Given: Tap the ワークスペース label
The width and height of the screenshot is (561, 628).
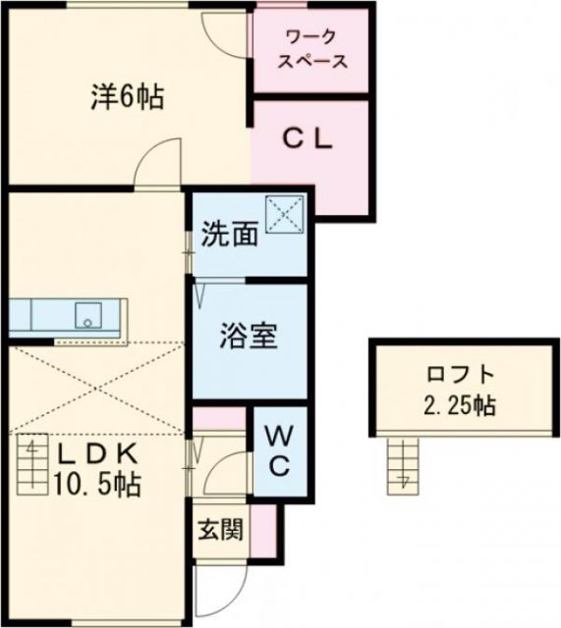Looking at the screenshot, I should coord(313,49).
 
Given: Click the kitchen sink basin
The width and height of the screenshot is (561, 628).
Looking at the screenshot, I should coord(89,316).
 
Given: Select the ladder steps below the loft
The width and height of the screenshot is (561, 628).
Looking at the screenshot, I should coord(402,465).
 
